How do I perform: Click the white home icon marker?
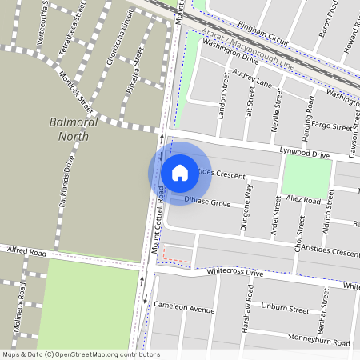click(180, 172)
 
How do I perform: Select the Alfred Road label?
click(27, 252)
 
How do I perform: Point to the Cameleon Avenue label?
click(186, 309)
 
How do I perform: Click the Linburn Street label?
click(284, 308)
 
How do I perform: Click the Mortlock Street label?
click(76, 92)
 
